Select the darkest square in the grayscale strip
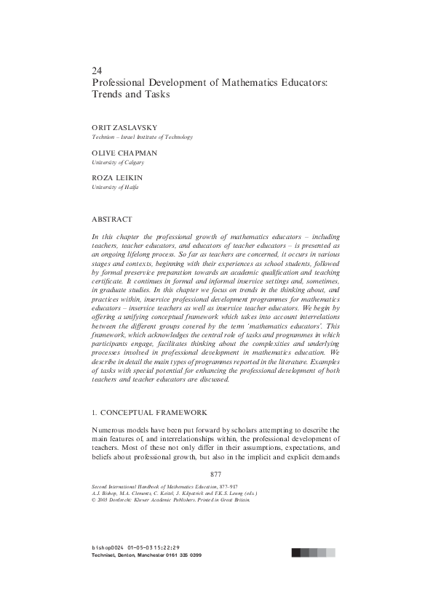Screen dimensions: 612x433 [x=296, y=552]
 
